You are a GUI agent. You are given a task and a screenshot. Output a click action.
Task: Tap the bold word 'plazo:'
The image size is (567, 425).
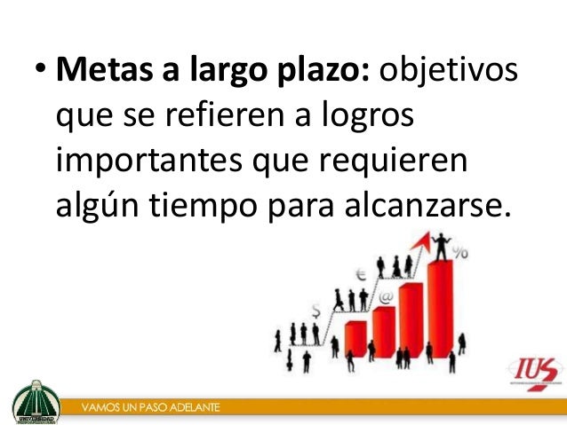coord(323,69)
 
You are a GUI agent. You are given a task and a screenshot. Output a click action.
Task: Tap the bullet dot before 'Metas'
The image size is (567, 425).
coord(41,71)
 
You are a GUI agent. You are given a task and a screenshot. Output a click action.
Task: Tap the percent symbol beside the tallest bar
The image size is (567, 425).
coord(460,253)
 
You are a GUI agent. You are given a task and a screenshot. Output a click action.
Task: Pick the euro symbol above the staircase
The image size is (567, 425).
coord(360,274)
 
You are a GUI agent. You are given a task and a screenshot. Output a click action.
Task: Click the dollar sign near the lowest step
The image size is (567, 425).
coord(317,310)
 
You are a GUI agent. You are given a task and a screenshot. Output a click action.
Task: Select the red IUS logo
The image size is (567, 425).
coord(535,373)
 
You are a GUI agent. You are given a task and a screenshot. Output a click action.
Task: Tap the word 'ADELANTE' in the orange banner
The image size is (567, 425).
coord(192,409)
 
